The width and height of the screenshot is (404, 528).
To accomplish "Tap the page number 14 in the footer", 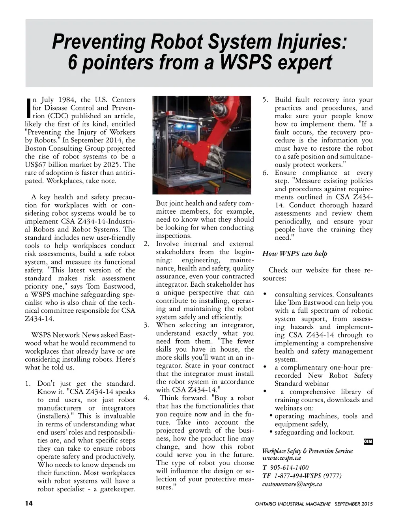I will point(29,504).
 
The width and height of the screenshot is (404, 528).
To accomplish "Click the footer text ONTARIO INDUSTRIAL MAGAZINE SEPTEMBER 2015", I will point(314,504).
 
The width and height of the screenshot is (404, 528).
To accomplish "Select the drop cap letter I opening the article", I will point(28,108).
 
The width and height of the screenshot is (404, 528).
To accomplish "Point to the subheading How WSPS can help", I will point(295,254).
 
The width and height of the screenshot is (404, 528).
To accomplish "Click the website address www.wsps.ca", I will point(281,458).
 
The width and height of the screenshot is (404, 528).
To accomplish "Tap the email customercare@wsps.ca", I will point(292,484).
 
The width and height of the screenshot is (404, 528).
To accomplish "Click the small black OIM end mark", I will point(368,442).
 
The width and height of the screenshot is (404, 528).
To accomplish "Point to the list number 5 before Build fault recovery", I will point(266,100).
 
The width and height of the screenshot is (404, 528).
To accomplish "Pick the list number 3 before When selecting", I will point(146,325).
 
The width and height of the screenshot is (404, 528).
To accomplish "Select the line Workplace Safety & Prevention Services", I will point(307,450).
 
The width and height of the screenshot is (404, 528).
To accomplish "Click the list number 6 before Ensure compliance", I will point(266,173).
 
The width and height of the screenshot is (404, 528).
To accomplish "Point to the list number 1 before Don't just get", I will point(28,383).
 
